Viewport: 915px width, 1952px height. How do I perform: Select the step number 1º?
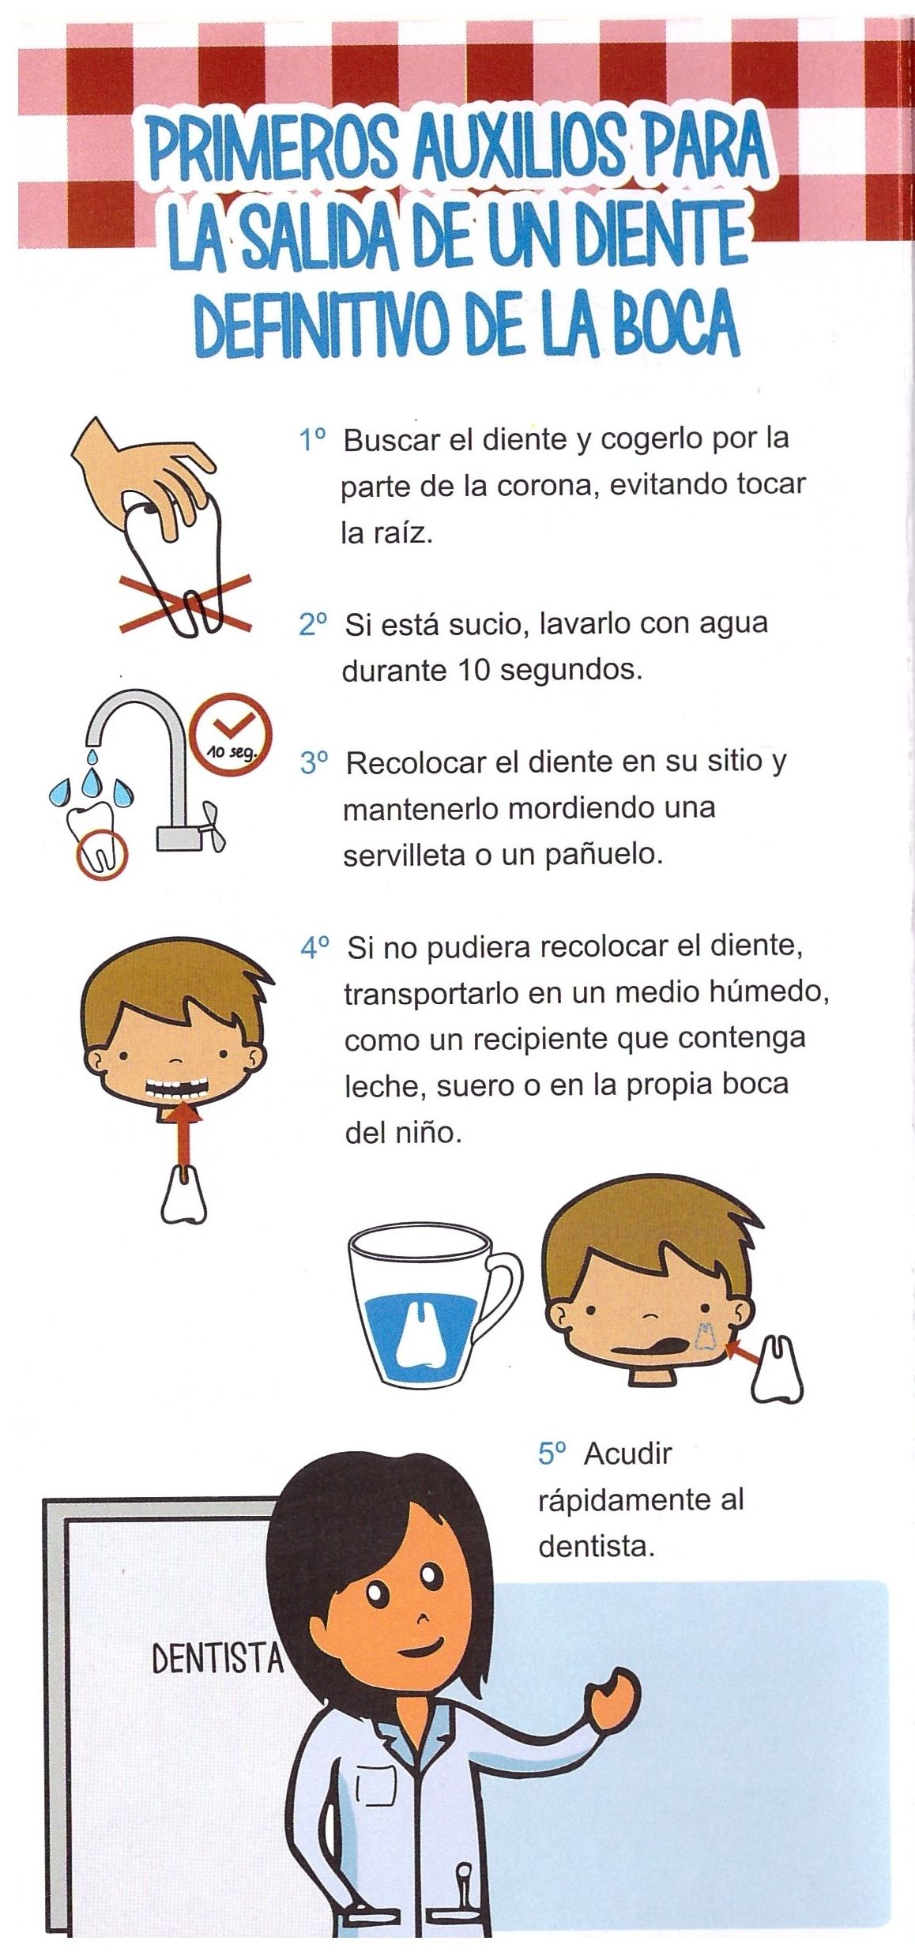312,439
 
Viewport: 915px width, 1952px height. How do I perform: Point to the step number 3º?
314,763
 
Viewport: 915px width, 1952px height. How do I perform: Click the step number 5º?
552,1454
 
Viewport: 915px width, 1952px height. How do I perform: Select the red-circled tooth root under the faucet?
101,853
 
